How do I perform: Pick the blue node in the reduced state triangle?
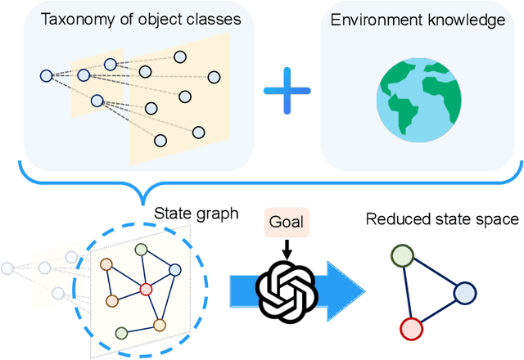(463, 293)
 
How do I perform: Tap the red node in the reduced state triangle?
(411, 330)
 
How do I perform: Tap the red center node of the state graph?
(146, 288)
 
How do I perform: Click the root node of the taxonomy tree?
(46, 76)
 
